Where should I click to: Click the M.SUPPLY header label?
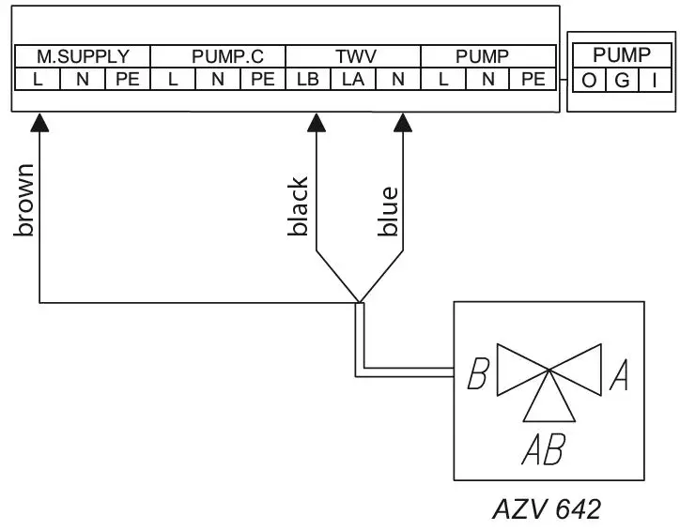pos(83,56)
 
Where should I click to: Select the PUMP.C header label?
pos(218,56)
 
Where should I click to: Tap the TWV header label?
pos(353,56)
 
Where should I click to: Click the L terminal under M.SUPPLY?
pos(38,80)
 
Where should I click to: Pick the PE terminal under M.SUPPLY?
pos(128,80)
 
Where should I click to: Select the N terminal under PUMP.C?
pos(218,80)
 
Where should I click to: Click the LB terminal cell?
pos(308,80)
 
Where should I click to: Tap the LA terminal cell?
pos(353,80)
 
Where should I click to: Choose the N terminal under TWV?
pos(398,80)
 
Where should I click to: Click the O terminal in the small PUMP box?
pos(589,81)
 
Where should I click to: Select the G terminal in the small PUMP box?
pos(622,81)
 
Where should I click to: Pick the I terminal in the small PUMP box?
pos(654,81)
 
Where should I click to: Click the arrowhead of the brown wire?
pos(39,122)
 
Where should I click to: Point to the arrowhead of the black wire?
pos(317,122)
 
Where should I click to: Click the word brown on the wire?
pos(25,201)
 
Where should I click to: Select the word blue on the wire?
pos(388,212)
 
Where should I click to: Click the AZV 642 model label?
pos(547,510)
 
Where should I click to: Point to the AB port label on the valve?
pos(543,451)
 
